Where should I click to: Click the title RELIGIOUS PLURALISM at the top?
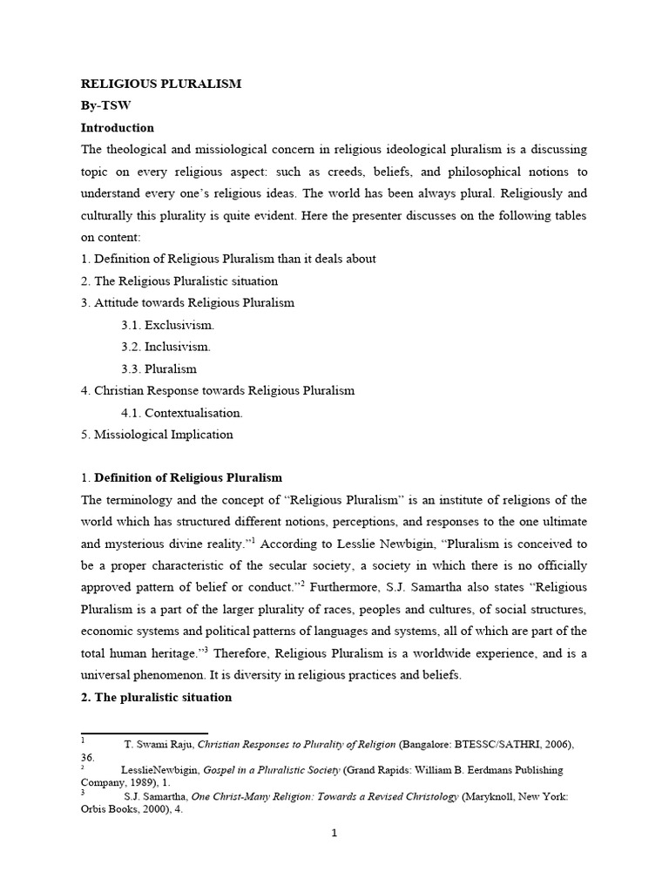coord(161,84)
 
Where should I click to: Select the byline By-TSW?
coord(105,105)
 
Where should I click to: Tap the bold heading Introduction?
coord(117,127)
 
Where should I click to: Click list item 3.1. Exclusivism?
coord(167,325)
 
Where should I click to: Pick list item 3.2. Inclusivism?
coord(166,347)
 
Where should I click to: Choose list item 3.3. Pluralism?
coord(159,368)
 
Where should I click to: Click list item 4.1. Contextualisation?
coord(182,412)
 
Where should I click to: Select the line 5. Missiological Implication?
coord(157,434)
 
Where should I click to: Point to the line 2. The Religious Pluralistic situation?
coord(179,280)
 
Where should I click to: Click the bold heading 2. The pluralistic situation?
coord(156,697)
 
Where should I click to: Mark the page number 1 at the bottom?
coord(334,833)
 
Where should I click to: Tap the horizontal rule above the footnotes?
coord(144,733)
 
